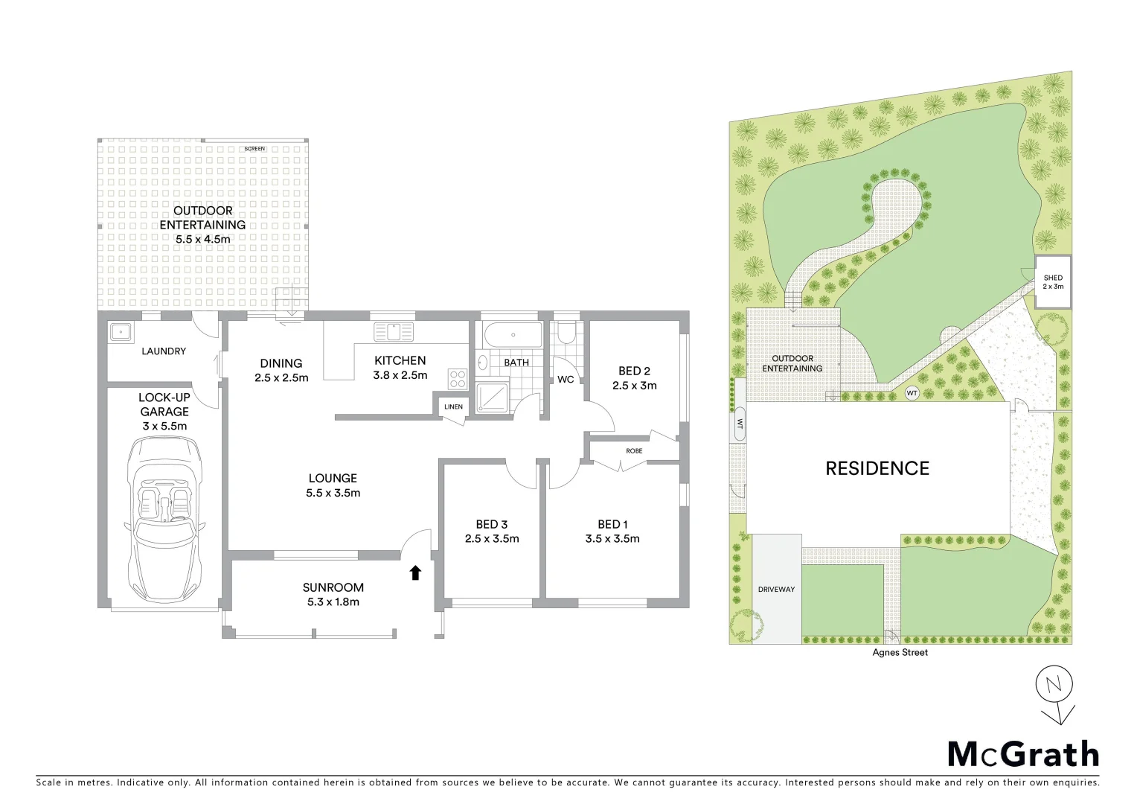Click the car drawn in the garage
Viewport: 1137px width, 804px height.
[x=164, y=519]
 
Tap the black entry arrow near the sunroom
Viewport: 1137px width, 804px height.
[x=415, y=572]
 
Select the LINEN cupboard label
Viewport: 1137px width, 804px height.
[x=453, y=407]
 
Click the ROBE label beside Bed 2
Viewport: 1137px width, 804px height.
[x=634, y=451]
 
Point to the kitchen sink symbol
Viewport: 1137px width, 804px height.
[x=394, y=331]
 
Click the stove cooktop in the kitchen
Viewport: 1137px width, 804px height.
[x=457, y=379]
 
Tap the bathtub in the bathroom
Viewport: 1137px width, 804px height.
[x=513, y=336]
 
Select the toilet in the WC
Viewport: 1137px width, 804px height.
[x=566, y=333]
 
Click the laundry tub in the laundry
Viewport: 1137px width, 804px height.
[x=120, y=331]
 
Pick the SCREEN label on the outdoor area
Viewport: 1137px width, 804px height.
[x=254, y=149]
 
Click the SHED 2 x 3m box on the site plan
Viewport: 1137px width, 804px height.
[x=1053, y=282]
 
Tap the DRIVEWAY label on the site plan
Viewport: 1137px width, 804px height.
[x=776, y=590]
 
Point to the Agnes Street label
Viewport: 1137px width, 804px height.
[x=900, y=653]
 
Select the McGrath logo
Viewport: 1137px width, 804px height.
[x=1023, y=754]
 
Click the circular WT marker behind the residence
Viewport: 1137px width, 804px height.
[x=912, y=392]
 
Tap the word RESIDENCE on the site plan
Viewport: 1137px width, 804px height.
[x=877, y=468]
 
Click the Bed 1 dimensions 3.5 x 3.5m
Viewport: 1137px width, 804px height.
[x=612, y=539]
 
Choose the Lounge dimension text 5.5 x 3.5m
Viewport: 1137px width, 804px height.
[x=333, y=493]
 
